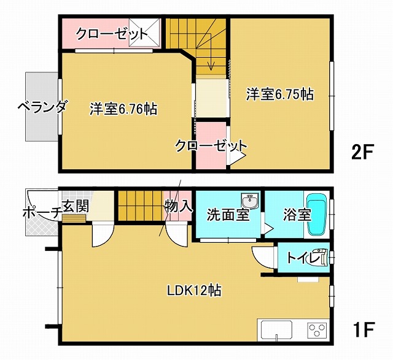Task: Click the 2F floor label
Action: tap(363, 151)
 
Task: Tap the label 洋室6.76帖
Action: tap(123, 109)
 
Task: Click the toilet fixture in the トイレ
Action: tap(321, 257)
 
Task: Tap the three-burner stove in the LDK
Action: tap(317, 331)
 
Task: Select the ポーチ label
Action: tap(41, 213)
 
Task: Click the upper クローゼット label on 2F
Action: tap(112, 34)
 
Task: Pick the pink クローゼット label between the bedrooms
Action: tap(211, 146)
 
